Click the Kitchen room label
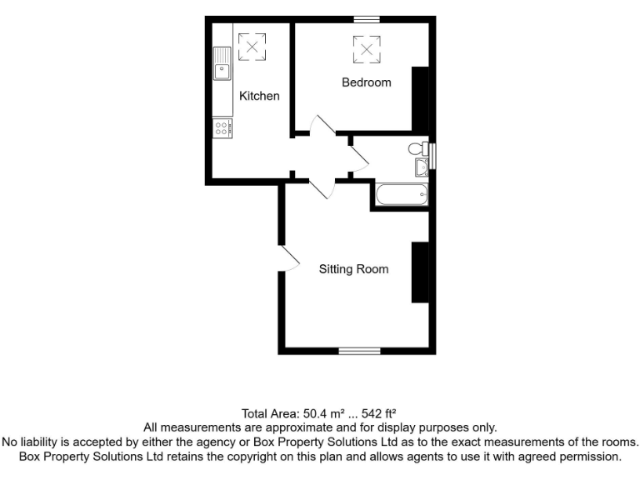pos(259,96)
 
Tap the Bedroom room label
pos(366,82)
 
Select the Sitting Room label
pos(354,269)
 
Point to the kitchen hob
pos(222,127)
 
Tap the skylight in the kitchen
pos(252,46)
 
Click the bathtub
pos(402,197)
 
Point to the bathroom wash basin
pos(422,167)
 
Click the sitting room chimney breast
pos(419,272)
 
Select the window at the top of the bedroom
pos(366,19)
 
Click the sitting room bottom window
pos(359,351)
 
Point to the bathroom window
pos(432,156)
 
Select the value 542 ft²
pos(377,413)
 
